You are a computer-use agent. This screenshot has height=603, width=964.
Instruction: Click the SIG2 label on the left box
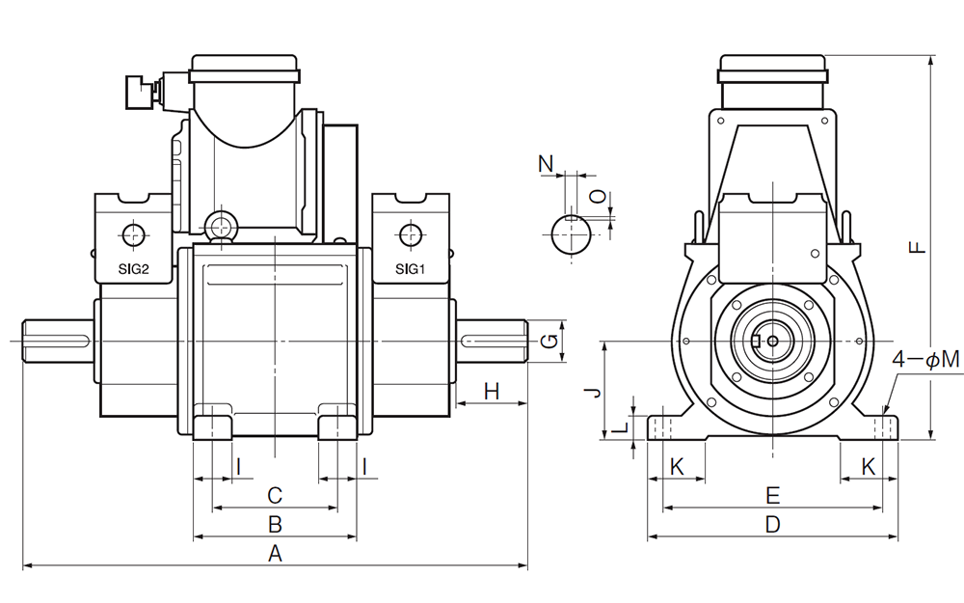tap(132, 270)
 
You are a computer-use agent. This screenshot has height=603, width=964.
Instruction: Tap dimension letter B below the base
tap(275, 525)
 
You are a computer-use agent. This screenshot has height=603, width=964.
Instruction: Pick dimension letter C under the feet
tap(275, 496)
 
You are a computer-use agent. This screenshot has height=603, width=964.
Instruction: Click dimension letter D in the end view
tap(772, 525)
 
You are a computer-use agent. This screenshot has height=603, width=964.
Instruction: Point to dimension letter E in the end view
tap(772, 496)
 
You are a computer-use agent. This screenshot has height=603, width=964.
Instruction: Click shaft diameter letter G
tap(549, 340)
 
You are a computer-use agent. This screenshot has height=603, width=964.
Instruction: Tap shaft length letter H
tap(492, 391)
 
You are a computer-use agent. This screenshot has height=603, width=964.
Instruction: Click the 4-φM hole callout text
tap(926, 360)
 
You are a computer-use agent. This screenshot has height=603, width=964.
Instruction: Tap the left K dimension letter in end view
tap(677, 467)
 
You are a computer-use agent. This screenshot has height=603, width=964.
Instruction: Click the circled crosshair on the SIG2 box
tap(132, 234)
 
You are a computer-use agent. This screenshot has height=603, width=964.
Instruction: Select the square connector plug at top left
tap(134, 93)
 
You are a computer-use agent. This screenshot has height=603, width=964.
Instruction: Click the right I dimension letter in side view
tap(364, 467)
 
